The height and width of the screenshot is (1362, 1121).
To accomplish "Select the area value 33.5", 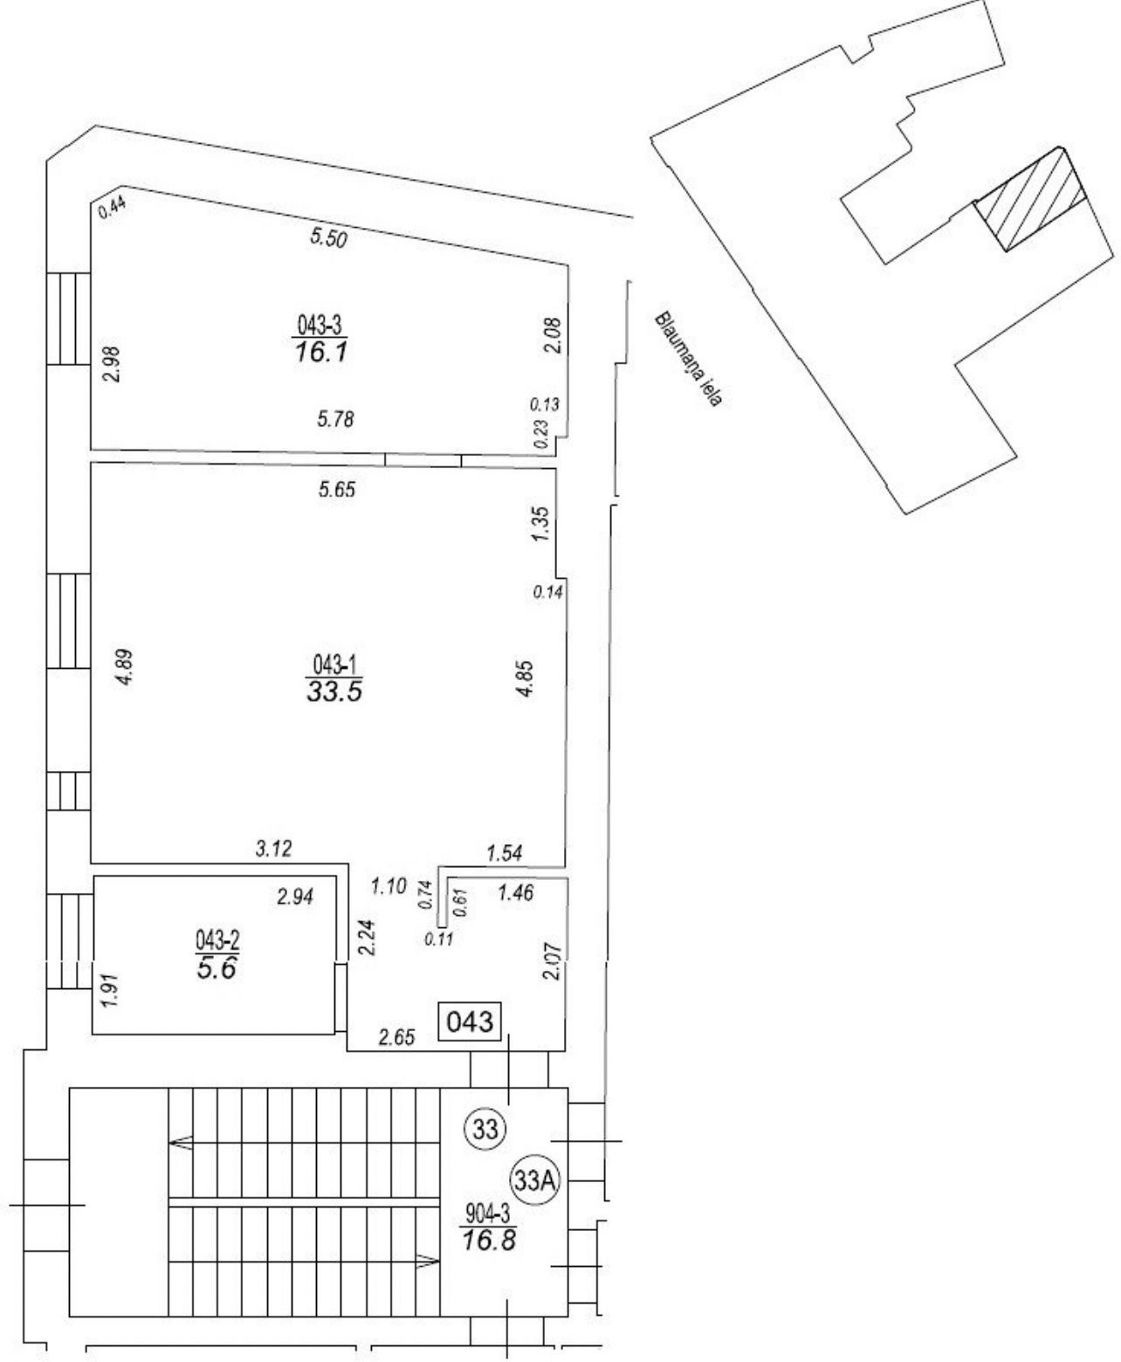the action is pos(334,692).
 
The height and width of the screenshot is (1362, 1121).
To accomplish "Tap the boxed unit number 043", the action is pos(470,1021).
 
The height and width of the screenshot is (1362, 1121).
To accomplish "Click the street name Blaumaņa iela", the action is pos(688,359).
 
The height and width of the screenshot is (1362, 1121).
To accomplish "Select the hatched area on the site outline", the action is pos(1030,199).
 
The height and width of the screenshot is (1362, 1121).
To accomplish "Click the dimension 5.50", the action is pos(328,238).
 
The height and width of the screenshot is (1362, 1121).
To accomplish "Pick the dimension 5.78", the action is pos(335,420).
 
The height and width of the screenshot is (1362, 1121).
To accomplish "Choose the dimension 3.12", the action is pos(273,848).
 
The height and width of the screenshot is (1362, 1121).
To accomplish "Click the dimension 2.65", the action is pos(396,1037).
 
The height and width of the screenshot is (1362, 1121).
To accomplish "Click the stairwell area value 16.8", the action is pos(488,1239).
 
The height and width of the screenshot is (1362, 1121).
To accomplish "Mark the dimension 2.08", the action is pos(554,334).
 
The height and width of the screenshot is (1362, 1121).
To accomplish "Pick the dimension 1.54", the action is pos(505,853).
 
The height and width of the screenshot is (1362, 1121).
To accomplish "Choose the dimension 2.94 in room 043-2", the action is pos(295,897).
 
